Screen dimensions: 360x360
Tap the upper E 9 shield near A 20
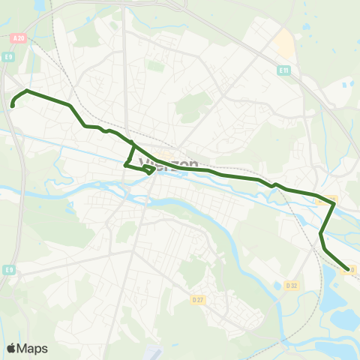tap(8, 56)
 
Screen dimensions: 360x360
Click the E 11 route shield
tap(283, 70)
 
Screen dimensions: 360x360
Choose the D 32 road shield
tap(292, 285)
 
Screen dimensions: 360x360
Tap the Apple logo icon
tap(11, 349)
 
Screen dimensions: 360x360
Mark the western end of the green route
tap(13, 106)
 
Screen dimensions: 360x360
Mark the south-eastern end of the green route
tap(346, 269)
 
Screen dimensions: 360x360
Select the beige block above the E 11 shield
tap(285, 45)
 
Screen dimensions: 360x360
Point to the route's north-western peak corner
tap(27, 91)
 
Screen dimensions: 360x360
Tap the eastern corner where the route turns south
tap(333, 203)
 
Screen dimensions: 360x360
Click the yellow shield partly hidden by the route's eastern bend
tap(331, 199)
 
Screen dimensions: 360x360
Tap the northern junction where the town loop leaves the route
tap(133, 143)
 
